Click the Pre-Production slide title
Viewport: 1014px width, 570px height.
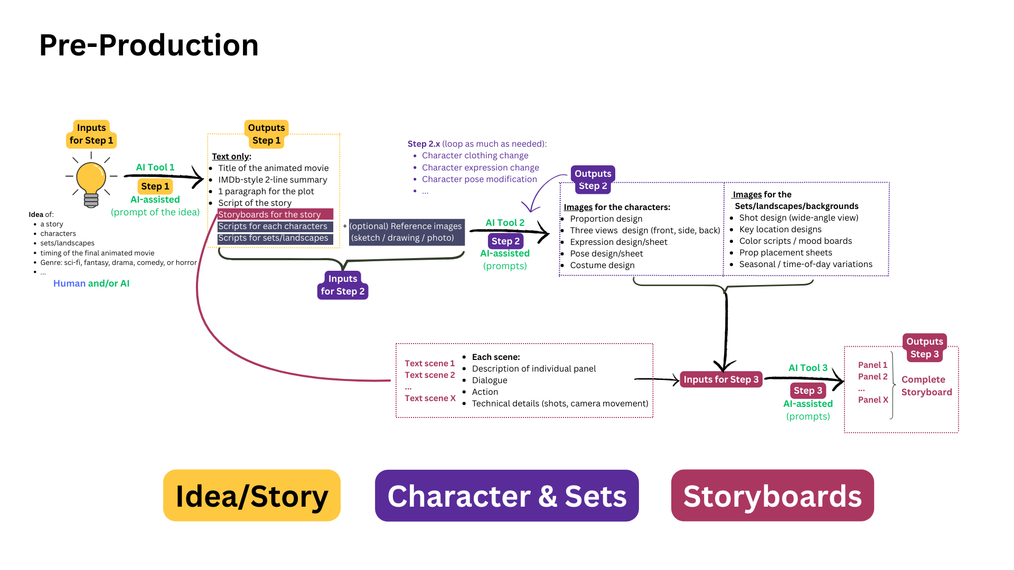click(149, 45)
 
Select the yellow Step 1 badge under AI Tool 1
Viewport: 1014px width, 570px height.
click(155, 186)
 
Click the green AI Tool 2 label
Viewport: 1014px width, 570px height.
click(505, 223)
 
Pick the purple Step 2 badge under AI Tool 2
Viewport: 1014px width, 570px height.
click(505, 241)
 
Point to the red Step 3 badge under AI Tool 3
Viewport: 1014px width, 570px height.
click(808, 391)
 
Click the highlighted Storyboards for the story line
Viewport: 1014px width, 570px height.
click(275, 214)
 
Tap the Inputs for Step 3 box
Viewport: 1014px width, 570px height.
click(721, 379)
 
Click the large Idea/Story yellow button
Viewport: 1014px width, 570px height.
click(252, 496)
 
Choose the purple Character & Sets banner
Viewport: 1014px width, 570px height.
click(506, 496)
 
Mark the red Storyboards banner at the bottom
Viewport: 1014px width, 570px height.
click(772, 496)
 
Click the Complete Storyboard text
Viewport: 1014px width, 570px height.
click(926, 386)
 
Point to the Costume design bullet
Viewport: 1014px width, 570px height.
click(602, 265)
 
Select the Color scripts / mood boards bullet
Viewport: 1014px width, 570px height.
click(795, 241)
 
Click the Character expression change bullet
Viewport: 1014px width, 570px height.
click(480, 167)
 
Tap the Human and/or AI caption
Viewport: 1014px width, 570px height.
click(91, 283)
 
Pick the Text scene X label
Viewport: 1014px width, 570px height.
click(430, 398)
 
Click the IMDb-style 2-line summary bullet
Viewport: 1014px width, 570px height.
click(273, 179)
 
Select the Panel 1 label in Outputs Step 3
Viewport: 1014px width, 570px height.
click(872, 365)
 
